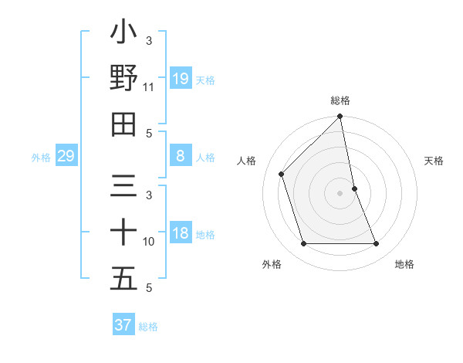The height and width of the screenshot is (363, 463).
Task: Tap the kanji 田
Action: coord(123,124)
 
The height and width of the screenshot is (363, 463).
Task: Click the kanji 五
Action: coord(123,279)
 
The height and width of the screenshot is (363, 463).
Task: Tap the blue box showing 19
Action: coord(181,79)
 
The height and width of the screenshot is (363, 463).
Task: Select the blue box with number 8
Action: coord(181,157)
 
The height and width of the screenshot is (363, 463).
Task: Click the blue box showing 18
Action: coord(181,234)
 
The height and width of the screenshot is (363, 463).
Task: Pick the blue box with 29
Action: coord(66,157)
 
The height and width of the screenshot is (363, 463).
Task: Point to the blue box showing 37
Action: coord(123,325)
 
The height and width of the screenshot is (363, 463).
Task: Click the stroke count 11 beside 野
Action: coord(149,87)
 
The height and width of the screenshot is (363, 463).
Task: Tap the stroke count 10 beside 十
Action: coord(149,242)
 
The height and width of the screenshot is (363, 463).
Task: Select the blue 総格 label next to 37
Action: coord(148,326)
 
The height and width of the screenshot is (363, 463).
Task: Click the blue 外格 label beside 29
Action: coord(41,158)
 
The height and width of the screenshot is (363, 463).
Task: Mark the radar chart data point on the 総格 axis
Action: coord(340,117)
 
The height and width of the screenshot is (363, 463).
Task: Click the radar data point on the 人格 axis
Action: coord(282,174)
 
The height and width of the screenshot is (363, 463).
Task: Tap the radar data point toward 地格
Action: coord(376,244)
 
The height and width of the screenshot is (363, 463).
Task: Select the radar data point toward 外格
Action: coord(304,244)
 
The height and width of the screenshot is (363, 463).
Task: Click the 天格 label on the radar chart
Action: coord(434,161)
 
